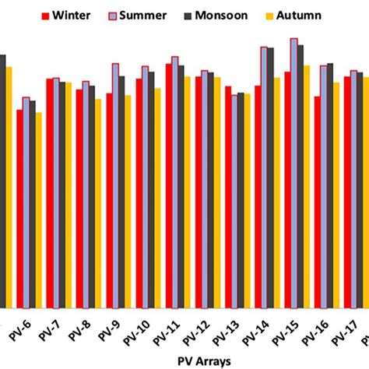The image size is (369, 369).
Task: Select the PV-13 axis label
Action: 227,330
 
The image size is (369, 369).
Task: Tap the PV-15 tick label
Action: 287,330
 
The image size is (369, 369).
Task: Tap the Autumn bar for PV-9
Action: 128,202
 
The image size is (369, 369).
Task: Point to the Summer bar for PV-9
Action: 115,186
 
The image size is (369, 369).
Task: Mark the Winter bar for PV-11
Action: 169,186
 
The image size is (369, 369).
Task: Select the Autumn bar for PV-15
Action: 306,187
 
